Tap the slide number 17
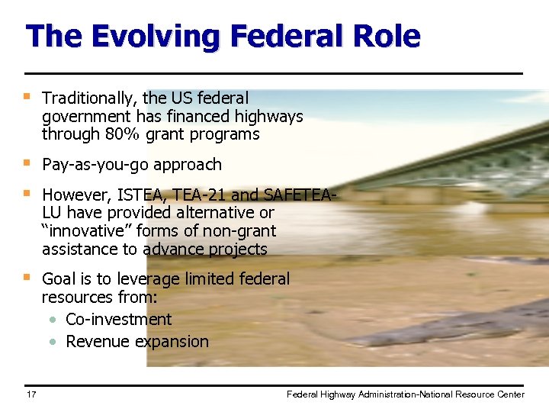pos(31,394)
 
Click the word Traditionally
pos(90,98)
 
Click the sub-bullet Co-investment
pos(119,319)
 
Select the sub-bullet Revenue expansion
pos(137,341)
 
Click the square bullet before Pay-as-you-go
pos(27,163)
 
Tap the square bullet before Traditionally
pos(27,97)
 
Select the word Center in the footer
pos(509,394)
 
